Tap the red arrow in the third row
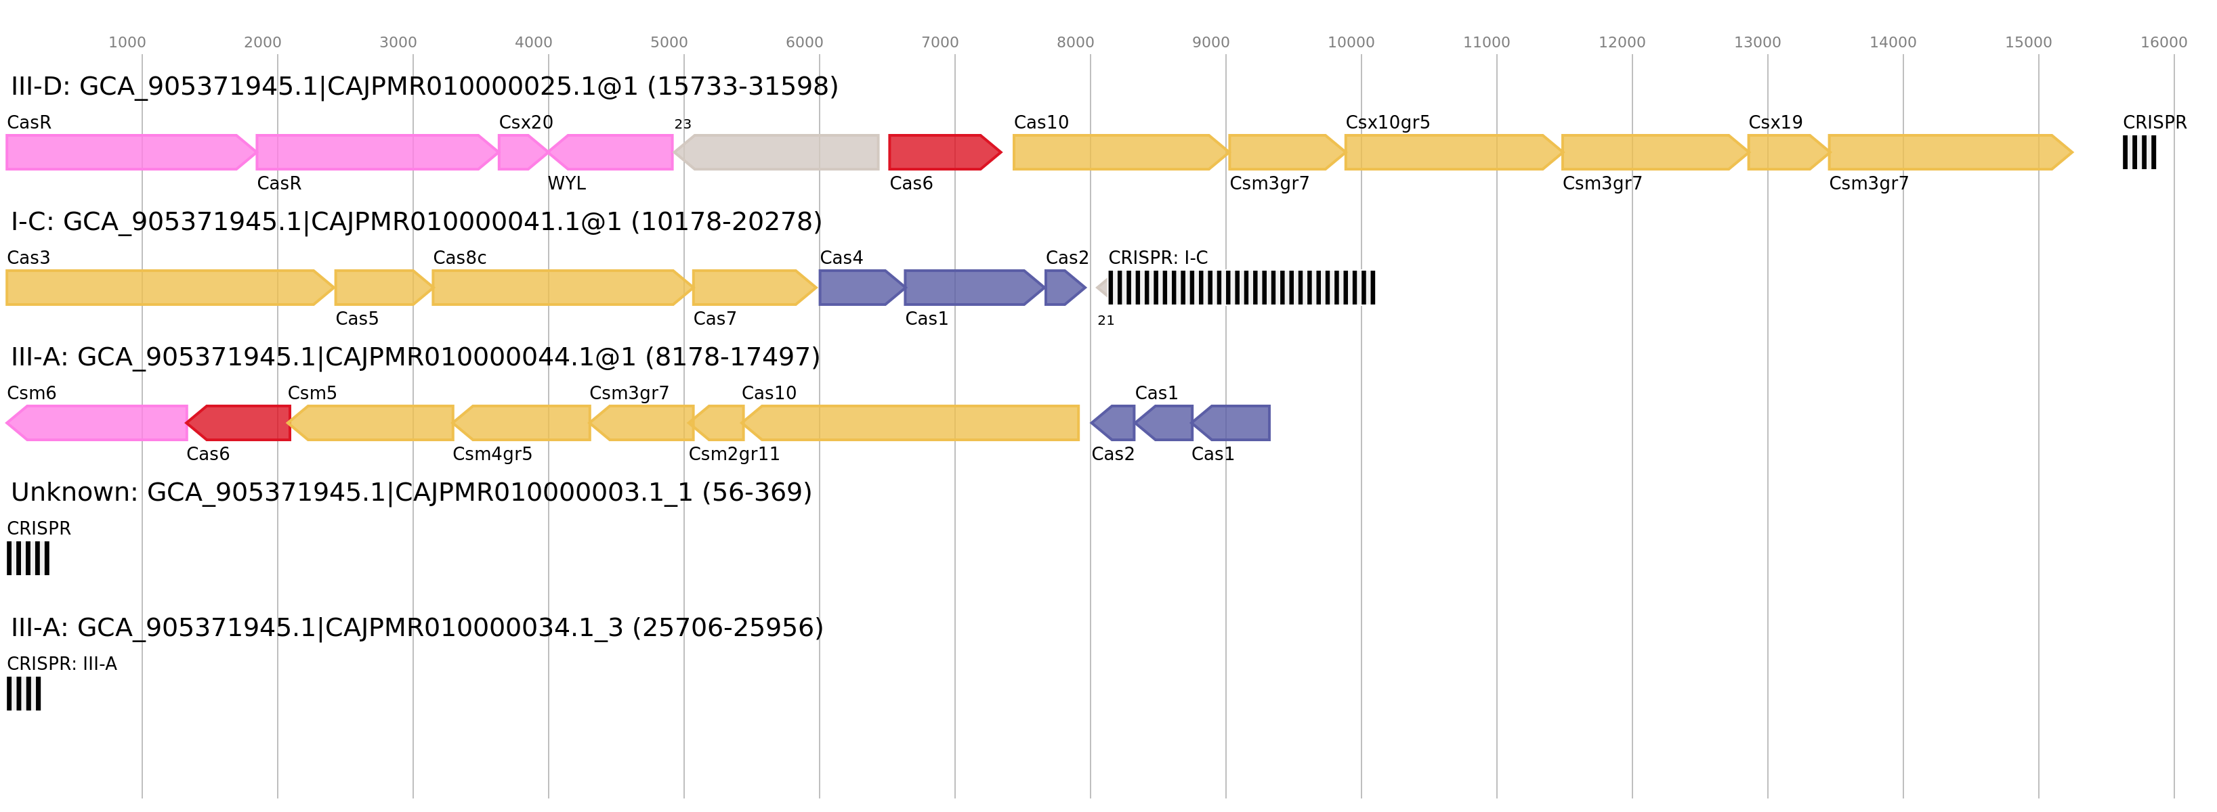tap(238, 423)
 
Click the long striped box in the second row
tap(1241, 288)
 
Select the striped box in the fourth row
tap(28, 558)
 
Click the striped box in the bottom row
tap(23, 694)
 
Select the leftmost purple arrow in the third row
tap(1113, 423)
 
